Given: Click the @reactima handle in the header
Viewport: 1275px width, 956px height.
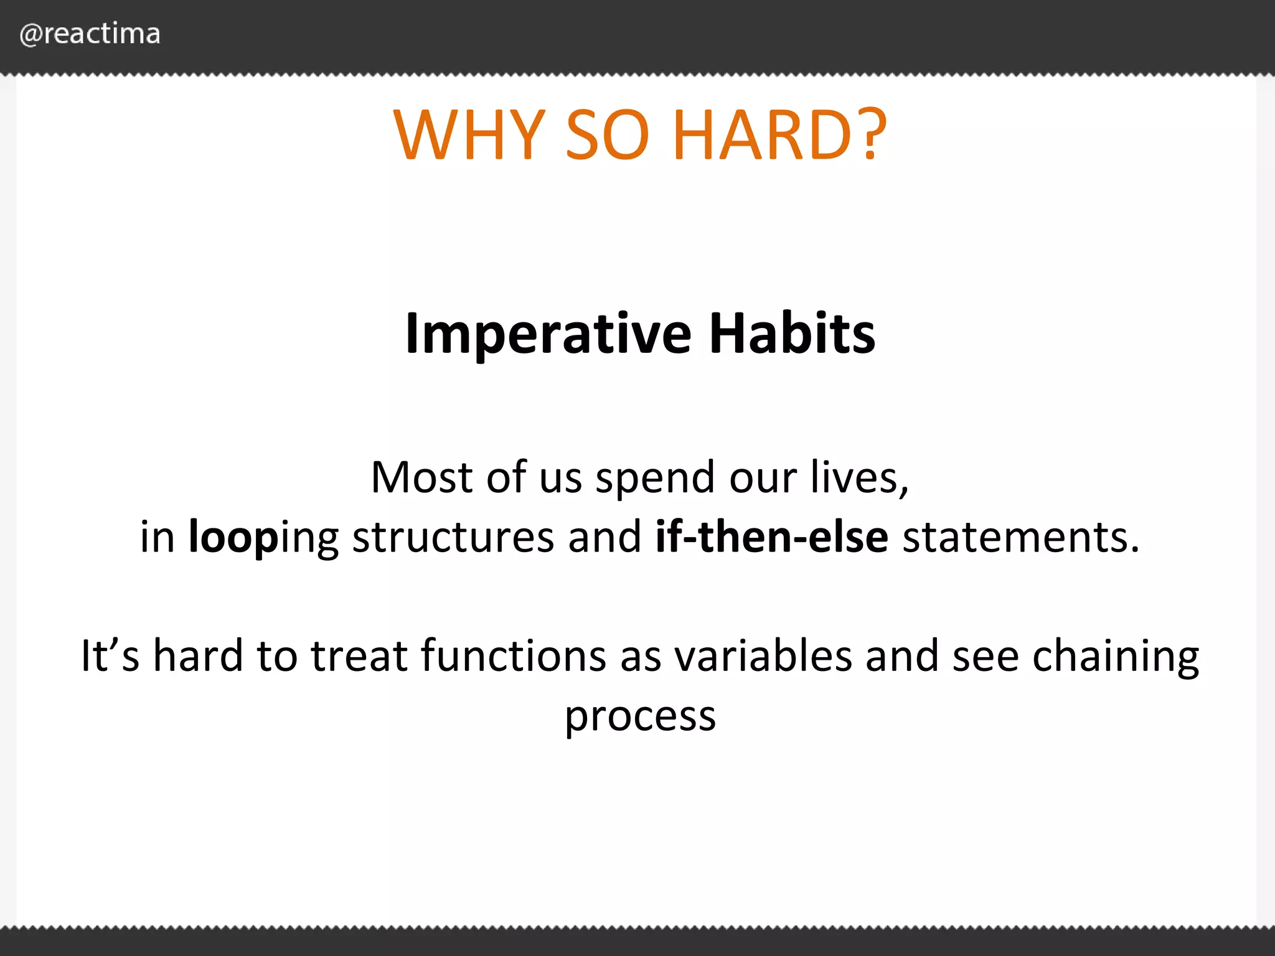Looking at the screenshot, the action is (x=90, y=34).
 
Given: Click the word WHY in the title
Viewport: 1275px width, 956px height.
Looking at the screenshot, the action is (x=470, y=135).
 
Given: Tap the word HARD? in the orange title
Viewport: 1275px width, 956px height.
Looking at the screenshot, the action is (x=780, y=135).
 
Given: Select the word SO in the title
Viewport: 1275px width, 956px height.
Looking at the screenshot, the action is (x=608, y=135).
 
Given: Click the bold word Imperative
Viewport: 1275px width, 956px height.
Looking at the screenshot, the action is (x=548, y=335).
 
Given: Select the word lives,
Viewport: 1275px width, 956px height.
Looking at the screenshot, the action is (x=860, y=477).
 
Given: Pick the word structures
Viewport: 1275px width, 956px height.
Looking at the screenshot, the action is (x=453, y=537).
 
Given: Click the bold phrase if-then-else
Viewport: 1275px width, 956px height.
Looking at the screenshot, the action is (x=772, y=536).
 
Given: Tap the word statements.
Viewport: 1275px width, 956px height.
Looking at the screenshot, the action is (x=1021, y=537).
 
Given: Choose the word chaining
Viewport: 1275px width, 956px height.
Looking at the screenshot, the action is (x=1116, y=657).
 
